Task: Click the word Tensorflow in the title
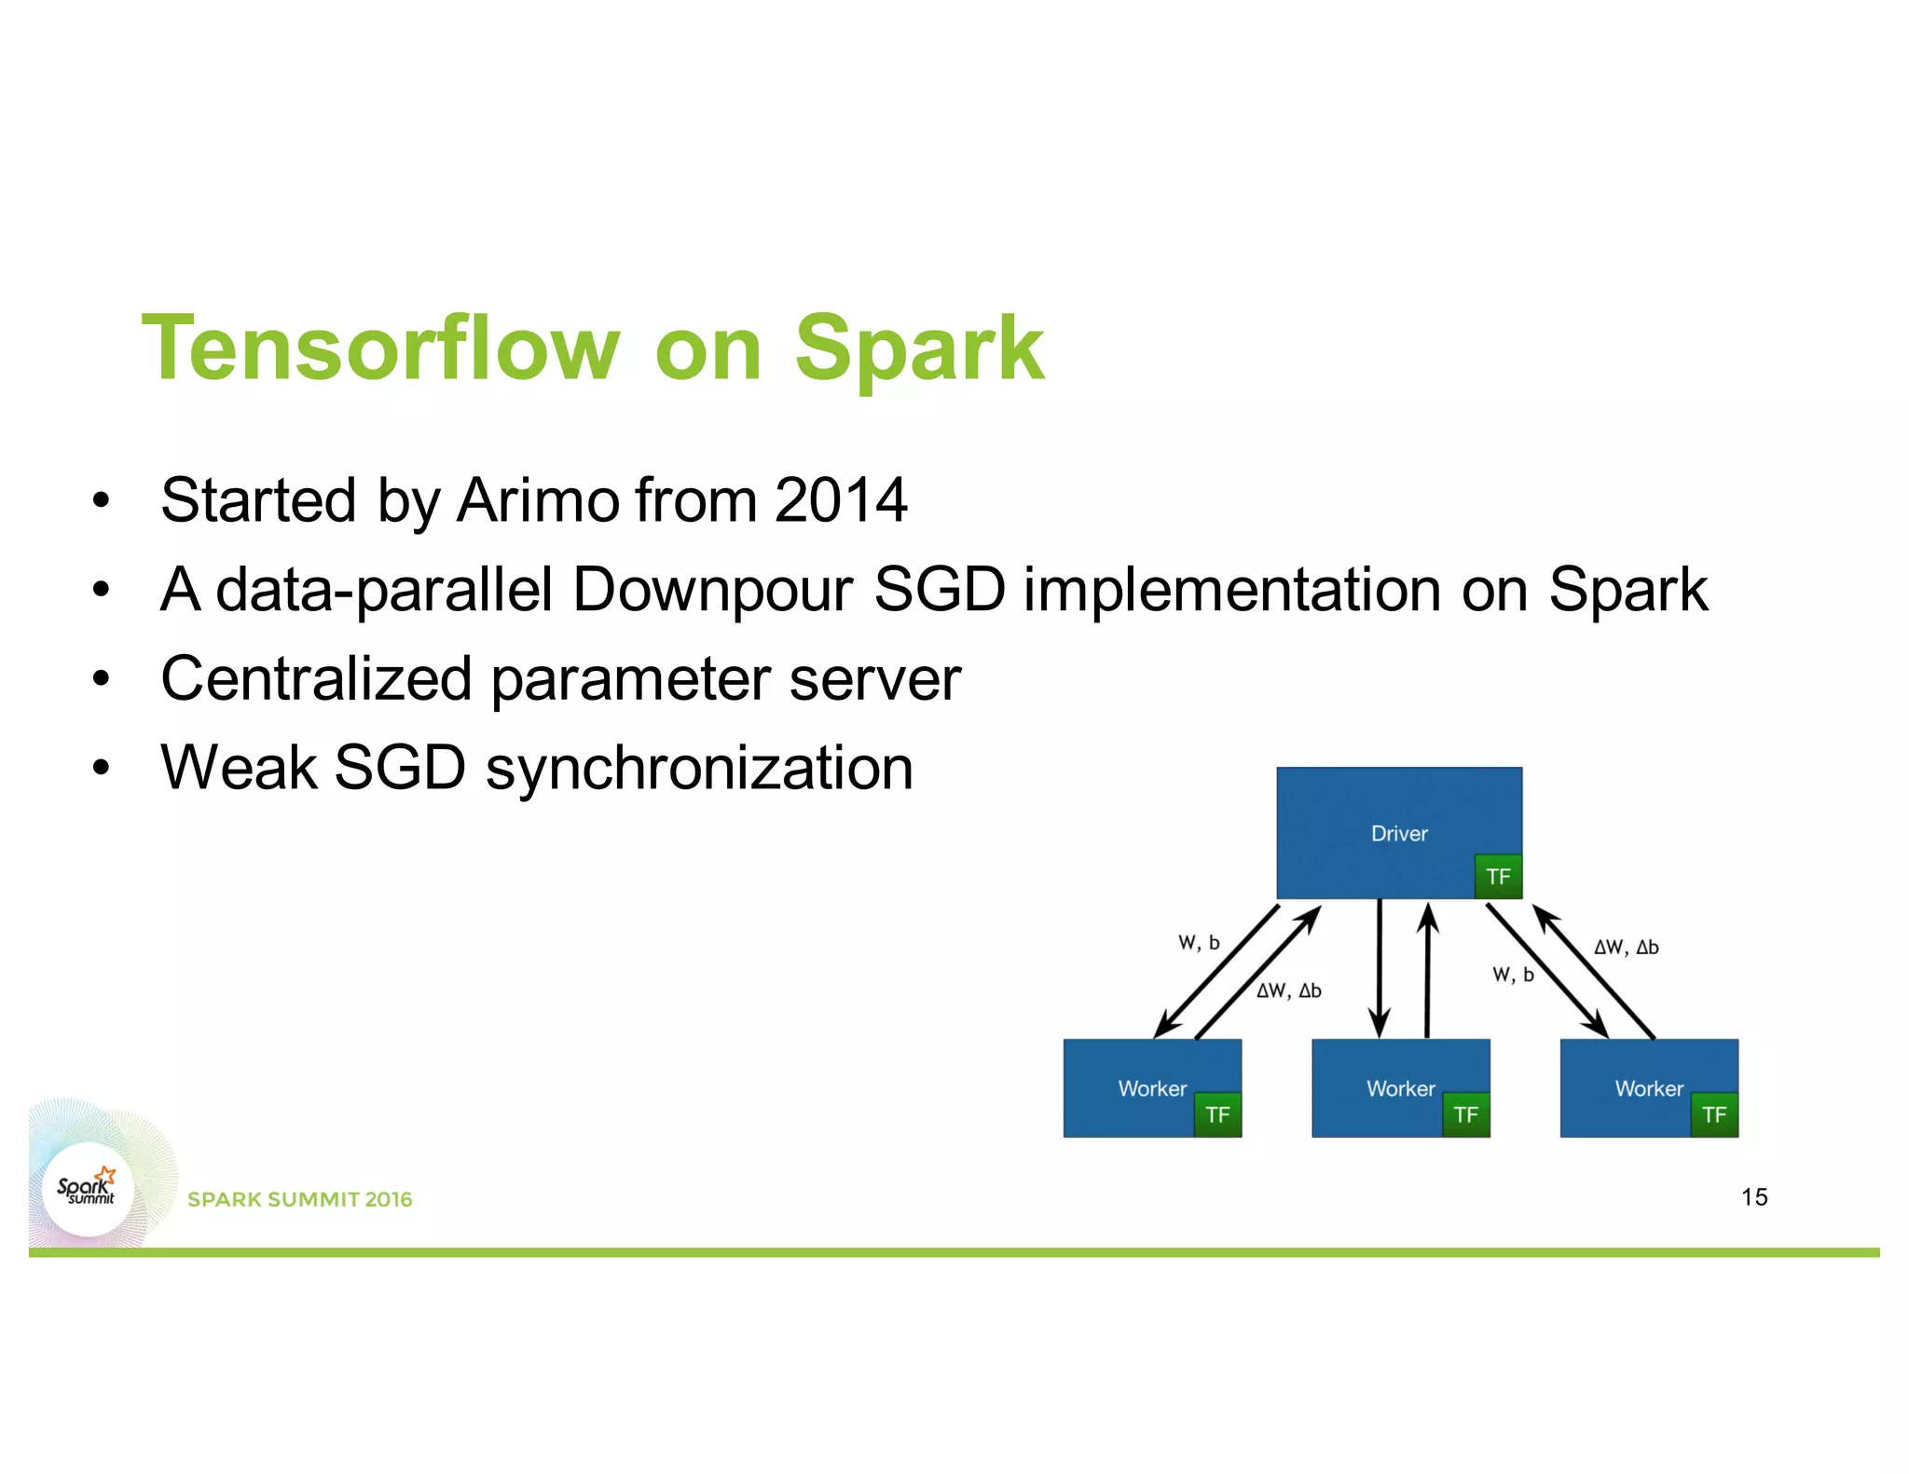click(380, 348)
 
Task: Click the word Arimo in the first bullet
click(538, 500)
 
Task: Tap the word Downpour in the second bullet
click(712, 590)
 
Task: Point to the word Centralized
click(316, 678)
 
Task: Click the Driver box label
click(1398, 833)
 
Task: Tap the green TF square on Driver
click(1498, 877)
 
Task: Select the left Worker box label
click(1152, 1088)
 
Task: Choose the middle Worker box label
click(1400, 1088)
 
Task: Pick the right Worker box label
click(1649, 1088)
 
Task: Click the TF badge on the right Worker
click(1714, 1115)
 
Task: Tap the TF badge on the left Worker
click(1217, 1115)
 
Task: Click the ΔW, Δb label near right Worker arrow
click(1626, 948)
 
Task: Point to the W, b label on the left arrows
click(1199, 943)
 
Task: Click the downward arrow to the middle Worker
click(1380, 969)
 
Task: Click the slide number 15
click(1753, 1197)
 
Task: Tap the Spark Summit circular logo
click(89, 1189)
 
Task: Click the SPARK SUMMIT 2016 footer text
click(299, 1199)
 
